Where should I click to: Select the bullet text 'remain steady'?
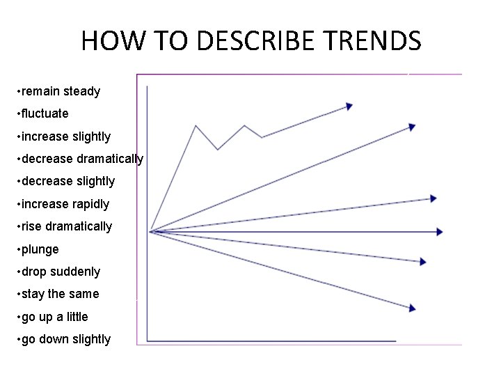(61, 91)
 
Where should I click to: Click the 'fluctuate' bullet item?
(45, 113)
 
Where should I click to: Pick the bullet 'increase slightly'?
(66, 136)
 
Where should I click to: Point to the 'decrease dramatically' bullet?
(82, 159)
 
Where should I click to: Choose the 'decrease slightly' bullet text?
(68, 181)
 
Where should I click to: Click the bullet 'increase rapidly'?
(65, 204)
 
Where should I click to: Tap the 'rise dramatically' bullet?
(67, 226)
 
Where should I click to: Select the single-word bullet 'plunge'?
(40, 249)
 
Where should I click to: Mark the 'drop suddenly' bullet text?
(61, 272)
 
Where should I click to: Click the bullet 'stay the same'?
(61, 294)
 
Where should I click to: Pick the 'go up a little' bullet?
(55, 317)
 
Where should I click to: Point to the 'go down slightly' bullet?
(66, 339)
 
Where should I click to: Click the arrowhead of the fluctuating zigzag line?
(349, 107)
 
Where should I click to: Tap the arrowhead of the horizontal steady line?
(440, 232)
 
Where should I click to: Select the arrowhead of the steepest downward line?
(413, 308)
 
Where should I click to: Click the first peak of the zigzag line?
(196, 126)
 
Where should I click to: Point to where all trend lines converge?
(151, 231)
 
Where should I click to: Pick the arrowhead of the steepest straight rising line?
(413, 127)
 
